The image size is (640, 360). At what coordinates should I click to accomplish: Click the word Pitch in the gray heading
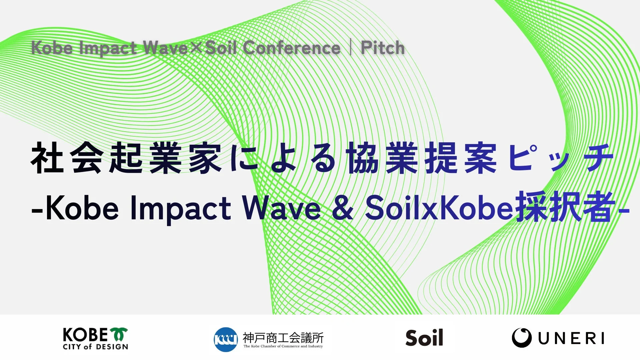pyautogui.click(x=383, y=48)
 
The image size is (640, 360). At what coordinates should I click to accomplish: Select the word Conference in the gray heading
pyautogui.click(x=291, y=48)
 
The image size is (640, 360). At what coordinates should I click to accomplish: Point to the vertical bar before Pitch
pyautogui.click(x=351, y=48)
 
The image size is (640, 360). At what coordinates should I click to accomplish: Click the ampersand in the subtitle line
pyautogui.click(x=343, y=208)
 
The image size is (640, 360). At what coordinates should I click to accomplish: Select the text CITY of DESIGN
pyautogui.click(x=95, y=347)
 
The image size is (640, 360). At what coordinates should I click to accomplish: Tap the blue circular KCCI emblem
pyautogui.click(x=226, y=339)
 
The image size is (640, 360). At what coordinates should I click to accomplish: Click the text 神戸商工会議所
pyautogui.click(x=283, y=338)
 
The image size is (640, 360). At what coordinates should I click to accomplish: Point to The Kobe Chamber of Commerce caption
pyautogui.click(x=283, y=346)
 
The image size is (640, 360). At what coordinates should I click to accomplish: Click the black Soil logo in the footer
pyautogui.click(x=424, y=338)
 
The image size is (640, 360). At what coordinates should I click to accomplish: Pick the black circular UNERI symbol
pyautogui.click(x=522, y=338)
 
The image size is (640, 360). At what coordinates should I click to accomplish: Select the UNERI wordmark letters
pyautogui.click(x=571, y=339)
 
